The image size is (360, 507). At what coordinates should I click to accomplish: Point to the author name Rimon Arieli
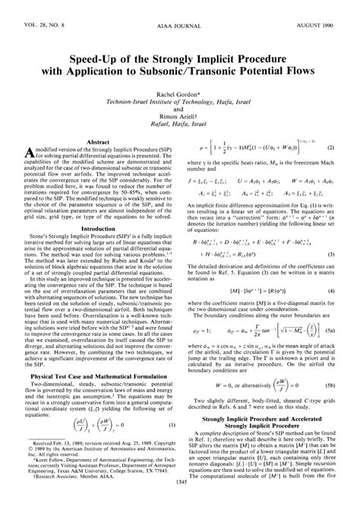click(179, 127)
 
